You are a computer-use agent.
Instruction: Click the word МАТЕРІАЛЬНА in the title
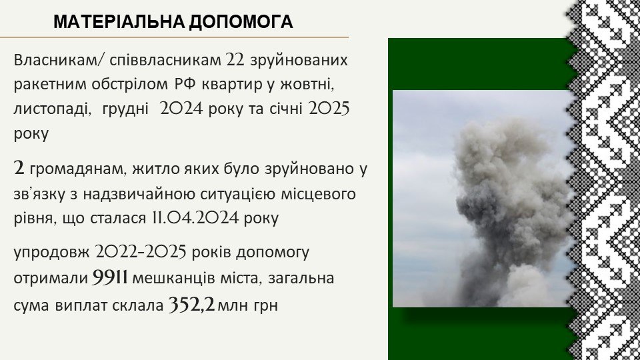(x=119, y=22)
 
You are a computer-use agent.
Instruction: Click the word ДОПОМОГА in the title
(x=241, y=22)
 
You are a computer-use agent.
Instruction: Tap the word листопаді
(x=53, y=109)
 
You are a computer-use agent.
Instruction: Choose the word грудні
(x=125, y=109)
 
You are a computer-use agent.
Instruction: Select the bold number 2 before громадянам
(x=19, y=168)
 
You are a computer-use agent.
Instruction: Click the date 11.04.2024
(x=195, y=217)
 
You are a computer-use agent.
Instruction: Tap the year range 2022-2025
(x=141, y=252)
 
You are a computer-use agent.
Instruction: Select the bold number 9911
(x=110, y=277)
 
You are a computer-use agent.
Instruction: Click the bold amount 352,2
(x=192, y=304)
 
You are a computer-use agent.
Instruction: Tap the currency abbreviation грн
(x=266, y=305)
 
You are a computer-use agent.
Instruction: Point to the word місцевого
(x=319, y=193)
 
